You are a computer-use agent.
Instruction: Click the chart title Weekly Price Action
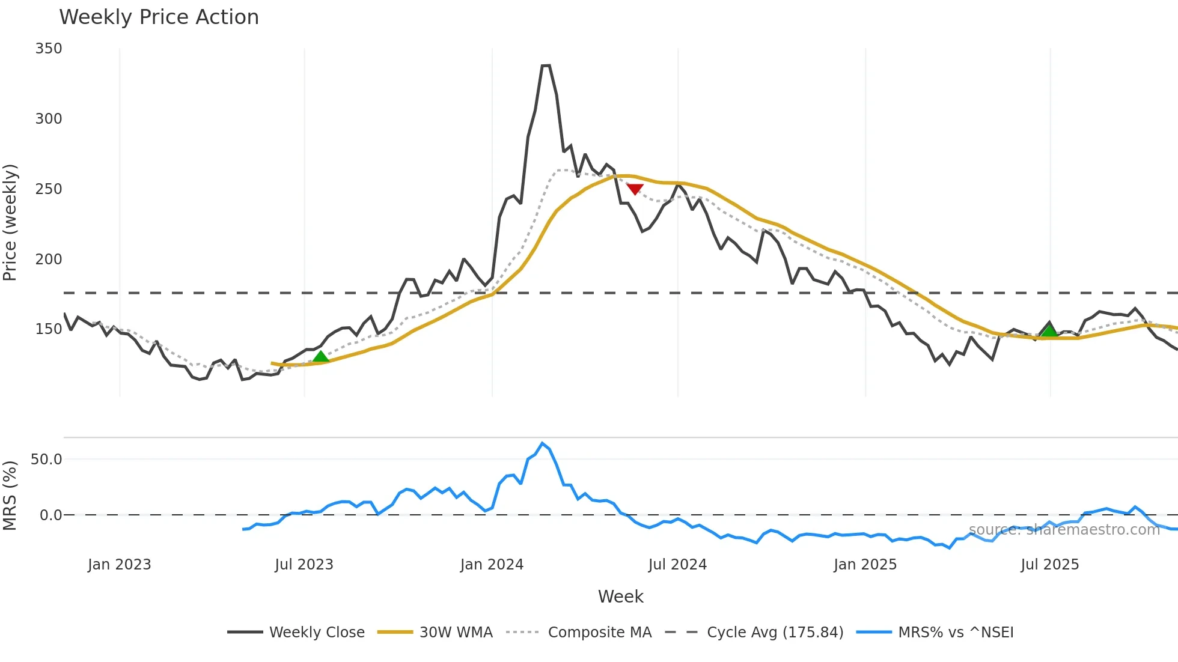159,17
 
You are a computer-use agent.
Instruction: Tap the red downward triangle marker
635,189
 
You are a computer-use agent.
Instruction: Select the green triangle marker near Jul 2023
321,357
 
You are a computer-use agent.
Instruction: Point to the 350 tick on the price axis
48,49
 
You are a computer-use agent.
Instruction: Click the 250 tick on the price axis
48,189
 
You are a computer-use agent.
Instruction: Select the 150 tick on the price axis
48,329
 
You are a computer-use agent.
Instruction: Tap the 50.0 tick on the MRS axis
46,460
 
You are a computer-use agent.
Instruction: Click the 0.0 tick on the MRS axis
50,515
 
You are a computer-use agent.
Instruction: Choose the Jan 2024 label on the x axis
492,565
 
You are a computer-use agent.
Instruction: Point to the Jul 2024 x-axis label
677,565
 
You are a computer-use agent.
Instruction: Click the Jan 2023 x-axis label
119,565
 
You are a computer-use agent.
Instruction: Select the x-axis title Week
620,597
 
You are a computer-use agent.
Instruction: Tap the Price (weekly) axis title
10,222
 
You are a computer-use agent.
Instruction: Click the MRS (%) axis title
10,496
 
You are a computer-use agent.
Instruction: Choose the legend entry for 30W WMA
456,633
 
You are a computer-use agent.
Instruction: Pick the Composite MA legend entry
599,633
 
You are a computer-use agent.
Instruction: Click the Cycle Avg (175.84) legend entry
775,633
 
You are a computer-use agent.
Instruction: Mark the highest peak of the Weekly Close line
546,65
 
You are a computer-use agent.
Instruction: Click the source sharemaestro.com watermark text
1064,530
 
